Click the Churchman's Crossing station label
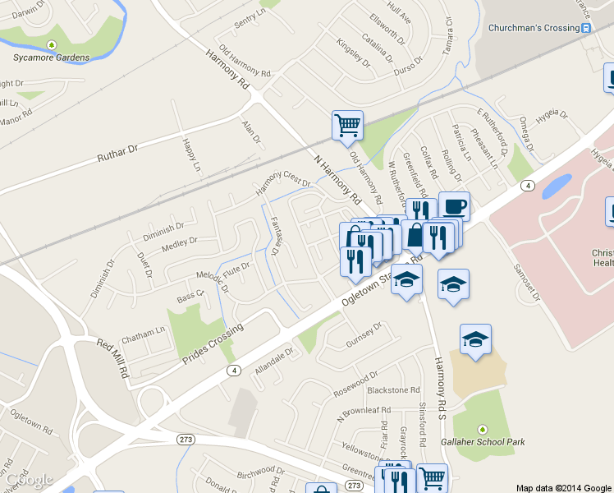534,28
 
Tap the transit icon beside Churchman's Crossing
586,28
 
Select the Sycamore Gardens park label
52,58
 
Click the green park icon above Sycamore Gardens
52,44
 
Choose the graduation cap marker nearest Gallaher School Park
475,340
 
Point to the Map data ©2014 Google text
563,487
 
